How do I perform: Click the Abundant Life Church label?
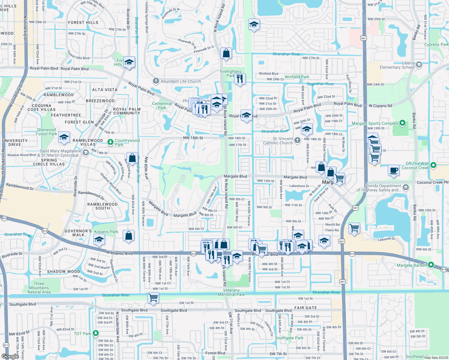pos(181,81)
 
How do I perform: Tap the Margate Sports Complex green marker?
pos(403,123)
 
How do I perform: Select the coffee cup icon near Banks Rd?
pos(394,170)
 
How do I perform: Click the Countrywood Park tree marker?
pos(110,141)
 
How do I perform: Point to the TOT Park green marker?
pos(96,333)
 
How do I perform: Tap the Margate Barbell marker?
pos(431,265)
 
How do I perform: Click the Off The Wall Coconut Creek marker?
pos(433,165)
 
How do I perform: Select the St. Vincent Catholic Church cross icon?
pos(297,140)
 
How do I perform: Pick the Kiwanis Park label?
pos(106,232)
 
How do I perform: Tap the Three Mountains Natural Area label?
pos(39,288)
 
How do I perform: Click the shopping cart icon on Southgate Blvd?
pos(153,298)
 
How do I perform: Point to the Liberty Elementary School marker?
pos(419,64)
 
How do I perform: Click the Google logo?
pos(10,356)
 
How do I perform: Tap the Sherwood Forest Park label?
pos(46,132)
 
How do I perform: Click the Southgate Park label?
pos(289,338)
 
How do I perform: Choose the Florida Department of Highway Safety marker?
pos(406,188)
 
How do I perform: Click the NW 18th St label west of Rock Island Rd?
pos(193,138)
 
